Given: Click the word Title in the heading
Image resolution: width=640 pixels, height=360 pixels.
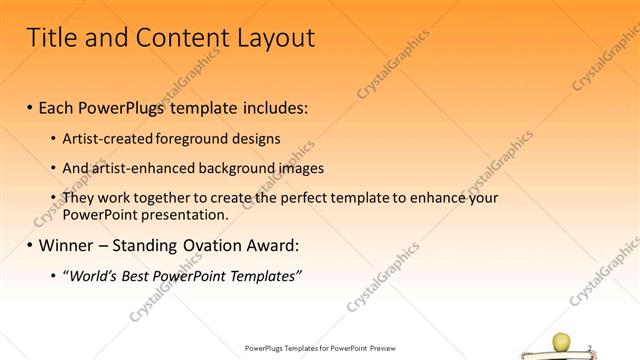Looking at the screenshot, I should [x=51, y=38].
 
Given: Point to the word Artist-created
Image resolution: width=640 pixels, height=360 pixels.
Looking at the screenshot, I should [x=105, y=138].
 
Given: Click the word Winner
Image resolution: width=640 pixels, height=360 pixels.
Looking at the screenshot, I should [x=68, y=245].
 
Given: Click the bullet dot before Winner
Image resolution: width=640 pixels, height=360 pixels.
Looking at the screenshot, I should [x=30, y=246].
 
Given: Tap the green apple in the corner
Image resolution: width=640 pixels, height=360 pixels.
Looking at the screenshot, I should [x=561, y=343].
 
